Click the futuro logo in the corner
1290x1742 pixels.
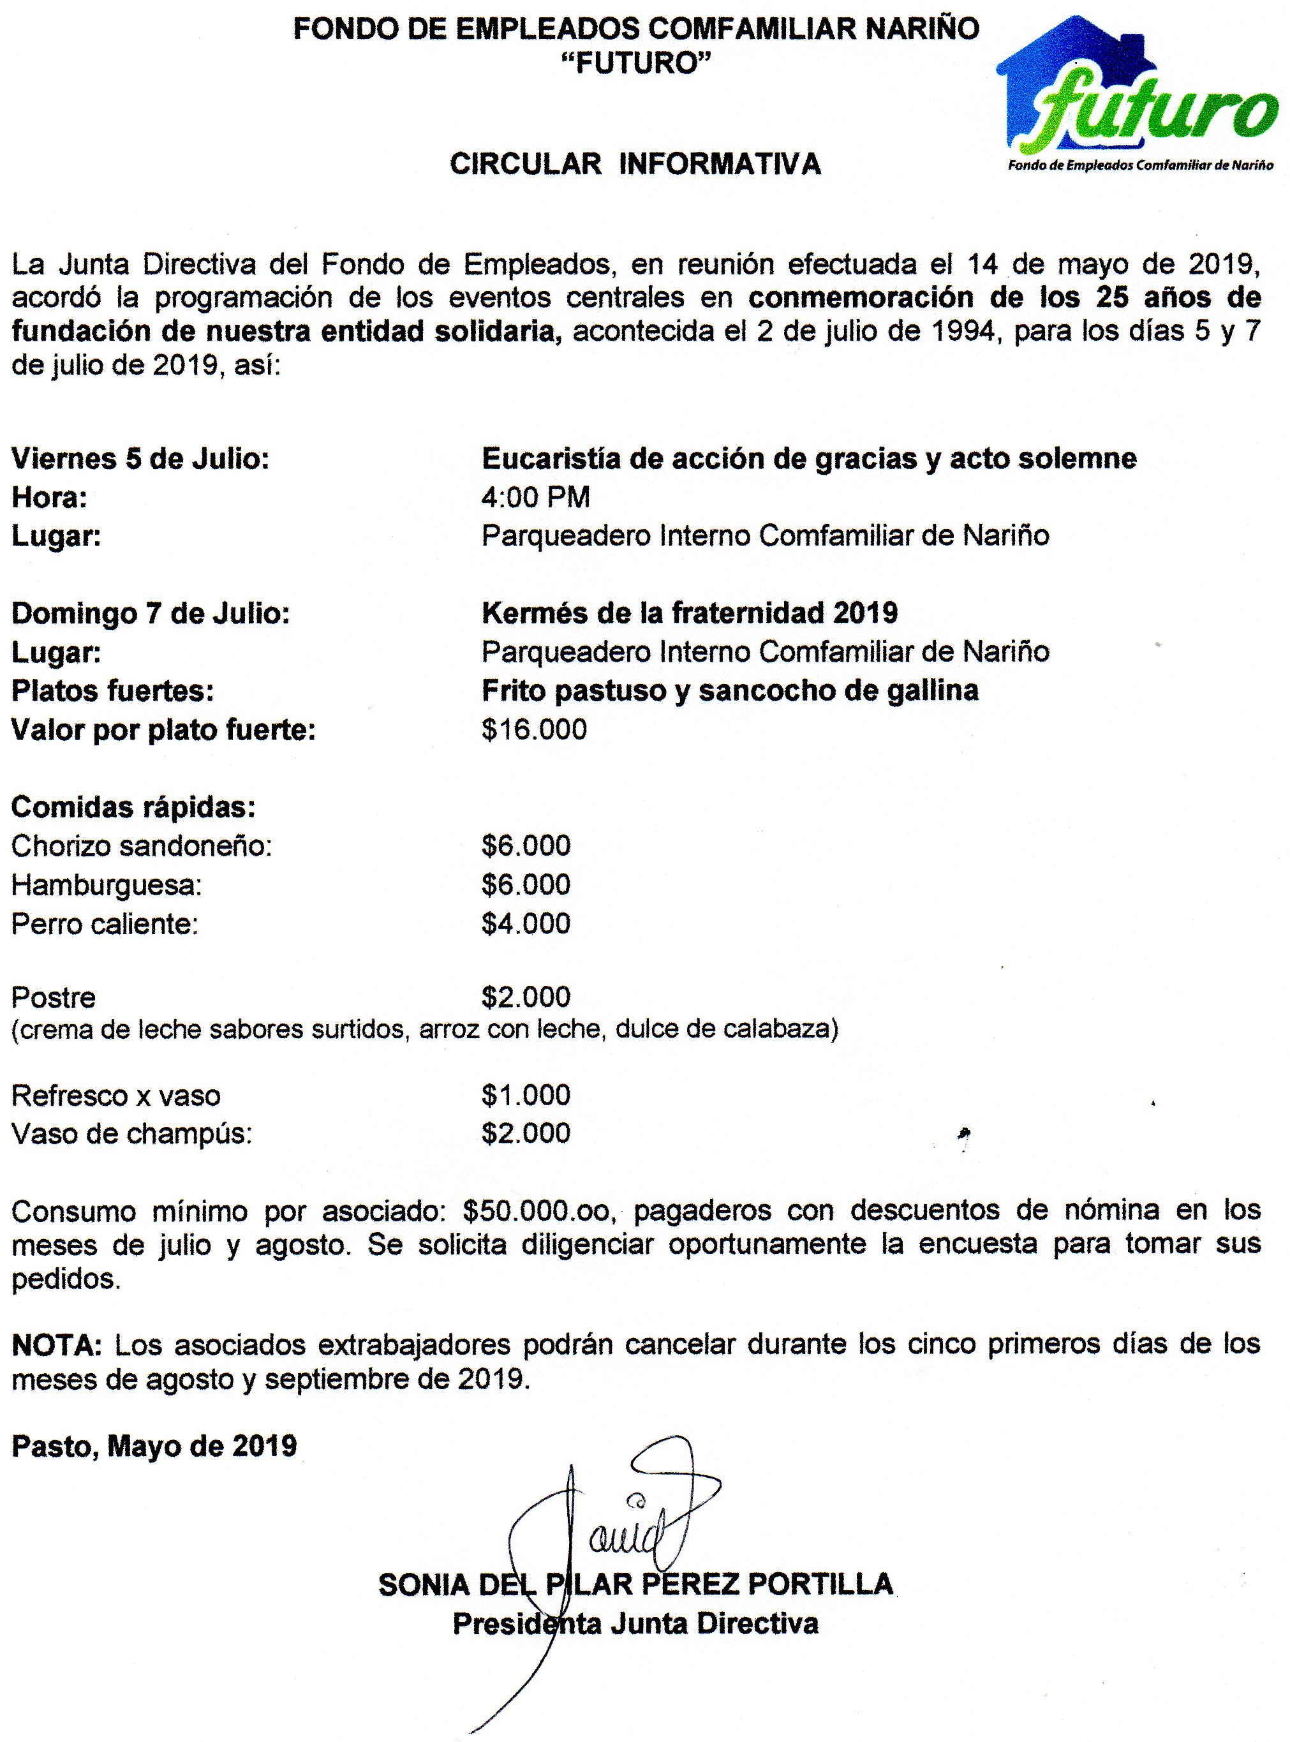click(1136, 98)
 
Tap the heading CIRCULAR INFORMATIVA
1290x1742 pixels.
click(635, 164)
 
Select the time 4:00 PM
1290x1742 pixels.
click(536, 496)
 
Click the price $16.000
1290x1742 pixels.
click(534, 729)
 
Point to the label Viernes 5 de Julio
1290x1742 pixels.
click(140, 458)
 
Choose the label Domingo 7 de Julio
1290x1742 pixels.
click(151, 613)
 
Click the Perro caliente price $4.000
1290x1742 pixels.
click(526, 924)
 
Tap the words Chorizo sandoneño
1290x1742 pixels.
click(142, 845)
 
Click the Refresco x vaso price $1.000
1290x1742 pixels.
click(526, 1095)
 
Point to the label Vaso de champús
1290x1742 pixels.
click(132, 1134)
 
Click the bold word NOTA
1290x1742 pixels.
click(56, 1344)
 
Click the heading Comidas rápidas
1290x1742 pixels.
click(133, 807)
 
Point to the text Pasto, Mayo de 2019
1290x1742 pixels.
click(154, 1446)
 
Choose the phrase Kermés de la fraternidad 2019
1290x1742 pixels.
click(690, 613)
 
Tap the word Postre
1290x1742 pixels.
click(54, 998)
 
